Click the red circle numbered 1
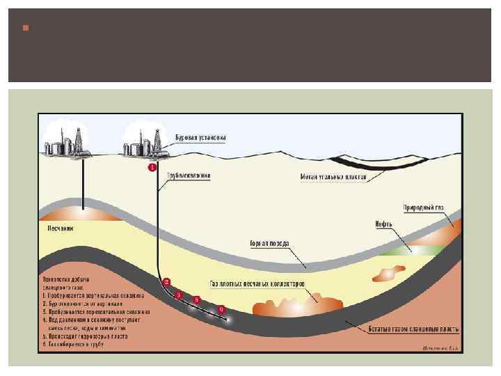pyautogui.click(x=152, y=168)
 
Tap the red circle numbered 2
pyautogui.click(x=166, y=282)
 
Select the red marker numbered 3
pyautogui.click(x=180, y=295)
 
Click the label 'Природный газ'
pyautogui.click(x=423, y=207)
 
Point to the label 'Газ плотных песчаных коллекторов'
pyautogui.click(x=257, y=284)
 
